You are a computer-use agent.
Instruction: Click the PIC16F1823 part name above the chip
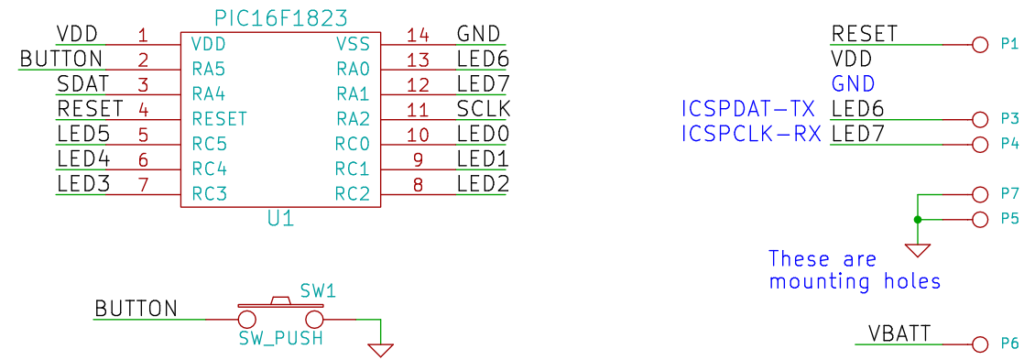click(280, 17)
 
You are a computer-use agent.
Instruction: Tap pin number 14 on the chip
click(418, 35)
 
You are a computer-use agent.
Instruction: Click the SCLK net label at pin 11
click(483, 109)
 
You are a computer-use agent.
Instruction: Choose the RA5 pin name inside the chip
click(208, 69)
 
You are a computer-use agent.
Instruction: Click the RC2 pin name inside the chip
click(352, 193)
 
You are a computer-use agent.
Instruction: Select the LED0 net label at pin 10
click(483, 134)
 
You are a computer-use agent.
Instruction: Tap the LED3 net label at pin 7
click(83, 184)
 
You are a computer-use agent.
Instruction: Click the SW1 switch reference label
click(318, 291)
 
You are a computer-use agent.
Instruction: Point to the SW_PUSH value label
click(280, 339)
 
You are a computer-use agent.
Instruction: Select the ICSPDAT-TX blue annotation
click(748, 109)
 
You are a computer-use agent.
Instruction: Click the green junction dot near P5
click(917, 219)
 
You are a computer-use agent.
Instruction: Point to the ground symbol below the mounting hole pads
click(917, 249)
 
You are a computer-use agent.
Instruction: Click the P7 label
click(1008, 193)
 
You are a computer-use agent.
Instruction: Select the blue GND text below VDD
click(852, 84)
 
